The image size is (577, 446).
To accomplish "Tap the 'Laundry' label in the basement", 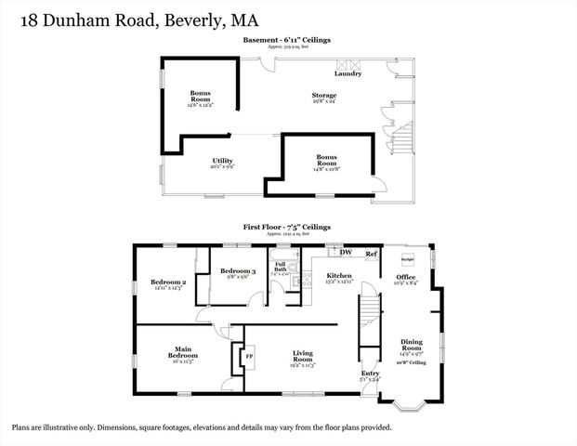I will pos(348,74).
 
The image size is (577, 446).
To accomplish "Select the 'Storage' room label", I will pos(323,96).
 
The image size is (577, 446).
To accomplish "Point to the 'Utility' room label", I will pos(222,161).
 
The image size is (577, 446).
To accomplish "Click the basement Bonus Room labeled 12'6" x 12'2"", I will pos(201,96).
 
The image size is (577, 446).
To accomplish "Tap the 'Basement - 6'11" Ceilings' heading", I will pos(287,40).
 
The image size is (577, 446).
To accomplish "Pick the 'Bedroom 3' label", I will pos(239,270).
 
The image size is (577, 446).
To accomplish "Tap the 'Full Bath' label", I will pos(280,267).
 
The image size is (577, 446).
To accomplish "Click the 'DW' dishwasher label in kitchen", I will pos(345,253).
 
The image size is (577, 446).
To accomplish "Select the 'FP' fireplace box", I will pos(248,355).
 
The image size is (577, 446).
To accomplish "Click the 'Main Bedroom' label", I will pos(182,352).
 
